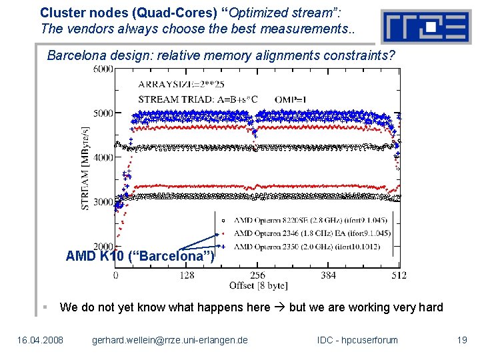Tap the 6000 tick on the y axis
[102, 69]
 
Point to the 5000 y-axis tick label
[102, 113]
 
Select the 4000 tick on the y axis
[102, 158]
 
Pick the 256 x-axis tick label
[257, 275]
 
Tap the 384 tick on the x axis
[328, 275]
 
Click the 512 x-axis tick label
[398, 275]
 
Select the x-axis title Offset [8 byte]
[257, 285]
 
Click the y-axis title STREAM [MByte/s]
[85, 168]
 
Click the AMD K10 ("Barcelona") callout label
[140, 256]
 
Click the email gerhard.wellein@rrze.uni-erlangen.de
[169, 340]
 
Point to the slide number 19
[461, 340]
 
